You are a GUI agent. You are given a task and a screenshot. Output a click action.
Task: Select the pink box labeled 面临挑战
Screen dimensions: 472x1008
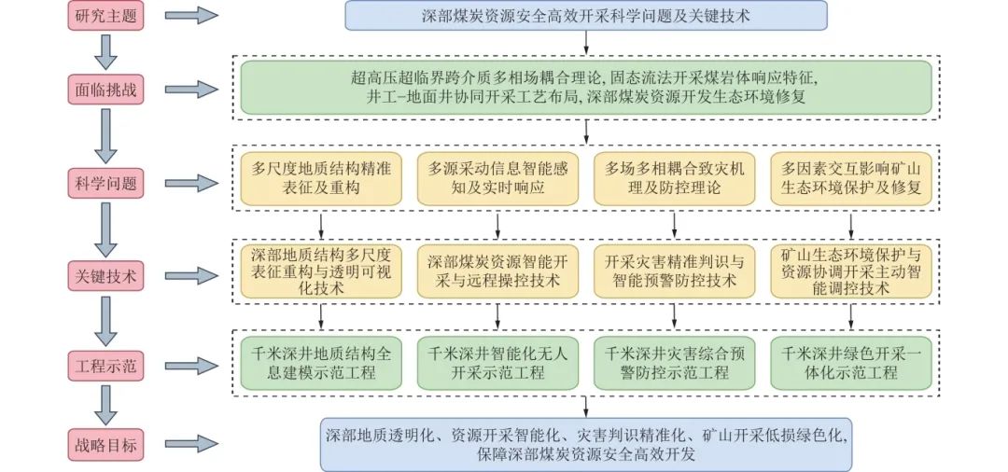pos(105,90)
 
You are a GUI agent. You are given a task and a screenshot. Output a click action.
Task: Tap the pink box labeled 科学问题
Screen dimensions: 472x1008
pos(105,180)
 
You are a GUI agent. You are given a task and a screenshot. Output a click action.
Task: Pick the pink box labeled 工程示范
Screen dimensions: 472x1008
pos(105,365)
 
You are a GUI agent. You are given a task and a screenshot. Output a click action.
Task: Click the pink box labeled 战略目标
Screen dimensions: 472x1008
pos(105,445)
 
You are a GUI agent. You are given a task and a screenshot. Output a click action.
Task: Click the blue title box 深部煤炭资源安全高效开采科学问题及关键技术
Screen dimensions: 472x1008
pos(586,16)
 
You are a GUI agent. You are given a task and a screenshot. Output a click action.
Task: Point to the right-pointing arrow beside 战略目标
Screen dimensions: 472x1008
pos(194,445)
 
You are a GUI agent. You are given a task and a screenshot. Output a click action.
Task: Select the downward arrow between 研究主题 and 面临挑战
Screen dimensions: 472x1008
pos(105,52)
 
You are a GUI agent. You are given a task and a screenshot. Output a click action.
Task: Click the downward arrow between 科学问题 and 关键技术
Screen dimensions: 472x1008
pos(105,227)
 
